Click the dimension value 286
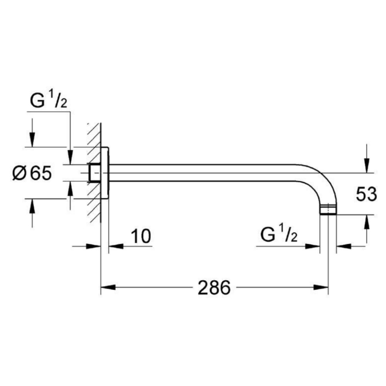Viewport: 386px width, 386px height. tap(214, 287)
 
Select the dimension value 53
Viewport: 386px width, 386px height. tap(366, 194)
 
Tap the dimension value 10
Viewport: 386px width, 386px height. tap(141, 236)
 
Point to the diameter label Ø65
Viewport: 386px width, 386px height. tap(32, 173)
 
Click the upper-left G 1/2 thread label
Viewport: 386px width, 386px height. tap(49, 100)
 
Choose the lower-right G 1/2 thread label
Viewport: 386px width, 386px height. tap(279, 234)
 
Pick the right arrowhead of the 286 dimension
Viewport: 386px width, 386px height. tap(321, 287)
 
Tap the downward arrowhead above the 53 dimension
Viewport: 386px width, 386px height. tap(367, 166)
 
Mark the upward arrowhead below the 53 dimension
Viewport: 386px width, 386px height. tap(367, 222)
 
